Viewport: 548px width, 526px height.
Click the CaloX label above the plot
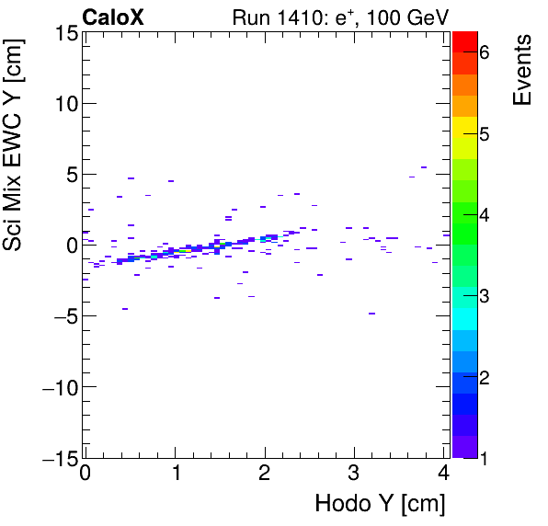[114, 17]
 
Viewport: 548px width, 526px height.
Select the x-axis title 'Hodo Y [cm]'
[380, 504]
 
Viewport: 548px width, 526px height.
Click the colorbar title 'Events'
[521, 70]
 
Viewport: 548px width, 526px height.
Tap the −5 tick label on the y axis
[63, 316]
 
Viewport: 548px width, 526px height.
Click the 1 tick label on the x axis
[175, 475]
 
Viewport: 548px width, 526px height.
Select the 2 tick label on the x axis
[265, 475]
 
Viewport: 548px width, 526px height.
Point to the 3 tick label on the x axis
[355, 475]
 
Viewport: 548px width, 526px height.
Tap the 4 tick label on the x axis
[444, 475]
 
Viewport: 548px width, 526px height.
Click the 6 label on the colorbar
[485, 52]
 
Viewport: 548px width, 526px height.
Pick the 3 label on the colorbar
[485, 296]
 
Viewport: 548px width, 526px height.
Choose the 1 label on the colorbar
[485, 458]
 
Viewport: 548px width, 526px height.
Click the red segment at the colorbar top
[464, 40]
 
